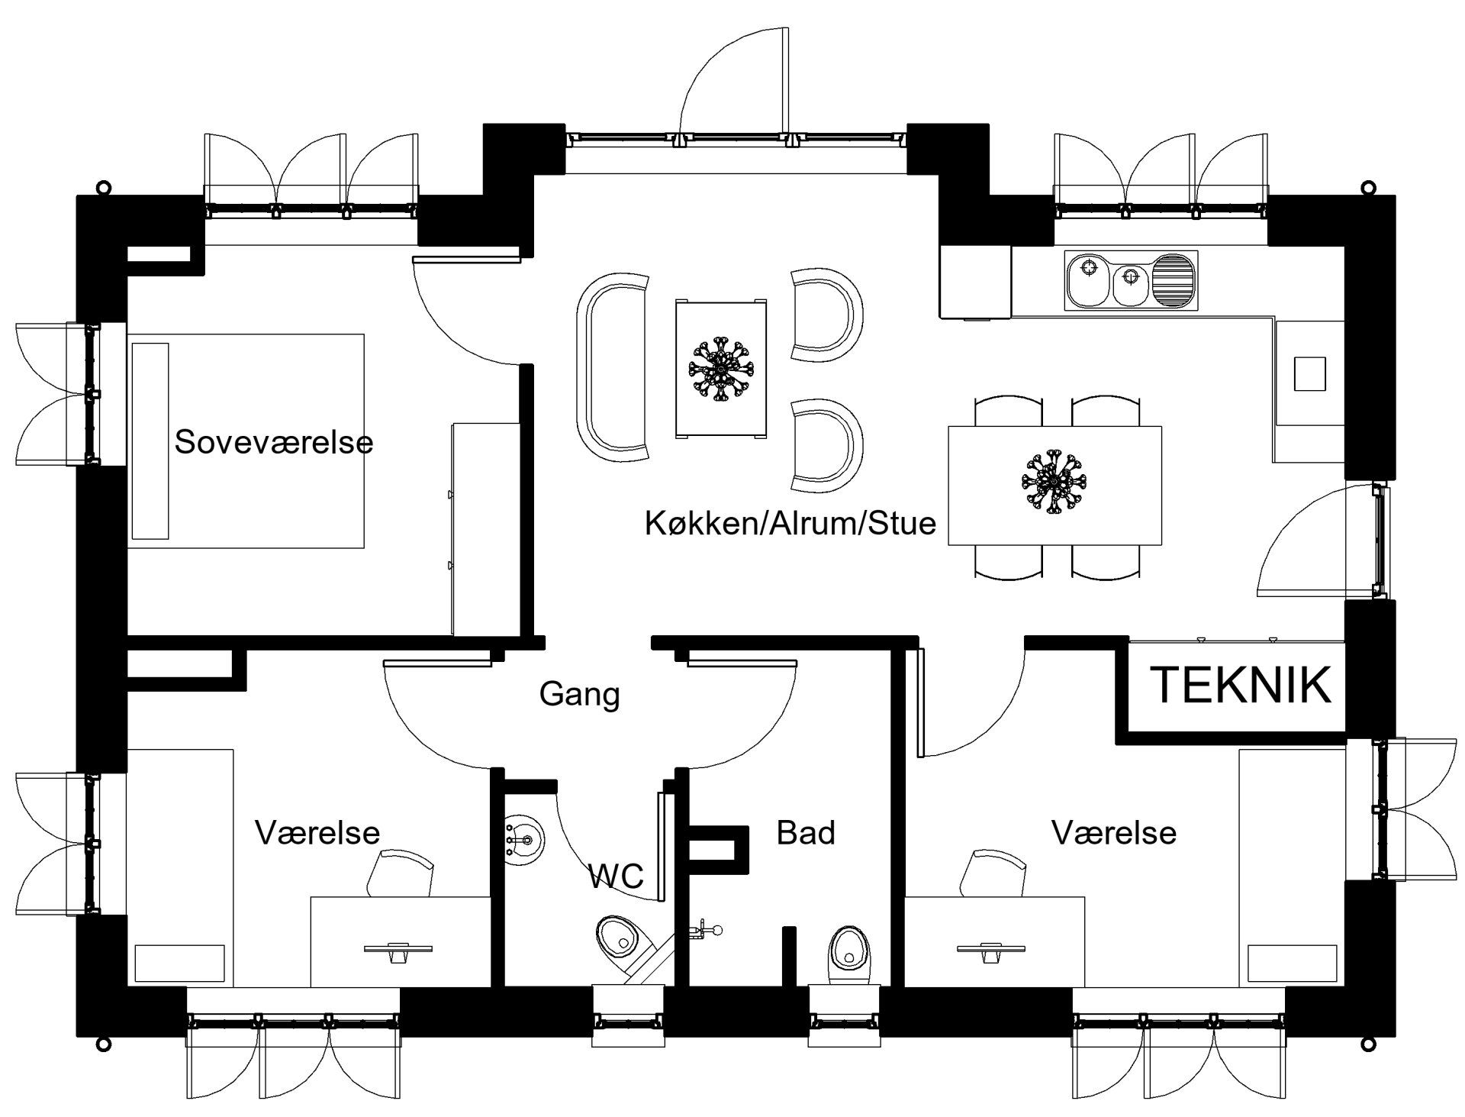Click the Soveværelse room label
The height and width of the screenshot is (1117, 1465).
coord(274,442)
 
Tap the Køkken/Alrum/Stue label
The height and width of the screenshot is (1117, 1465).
coord(790,524)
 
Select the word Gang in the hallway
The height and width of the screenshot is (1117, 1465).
coord(579,695)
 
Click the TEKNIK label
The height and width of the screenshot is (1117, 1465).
coord(1241,684)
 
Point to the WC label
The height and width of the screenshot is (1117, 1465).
coord(617,876)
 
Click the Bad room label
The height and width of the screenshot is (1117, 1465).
coord(806,832)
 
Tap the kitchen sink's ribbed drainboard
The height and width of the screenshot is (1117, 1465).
coord(1174,280)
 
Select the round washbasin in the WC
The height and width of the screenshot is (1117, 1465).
coord(524,841)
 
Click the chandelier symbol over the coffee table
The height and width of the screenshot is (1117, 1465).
coord(720,370)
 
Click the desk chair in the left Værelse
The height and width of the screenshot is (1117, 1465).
coord(399,874)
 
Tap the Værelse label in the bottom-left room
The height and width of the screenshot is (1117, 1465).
coord(317,832)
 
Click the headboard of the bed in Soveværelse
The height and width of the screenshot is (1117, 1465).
coord(150,441)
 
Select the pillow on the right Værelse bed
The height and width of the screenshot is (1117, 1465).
coord(1293,964)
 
